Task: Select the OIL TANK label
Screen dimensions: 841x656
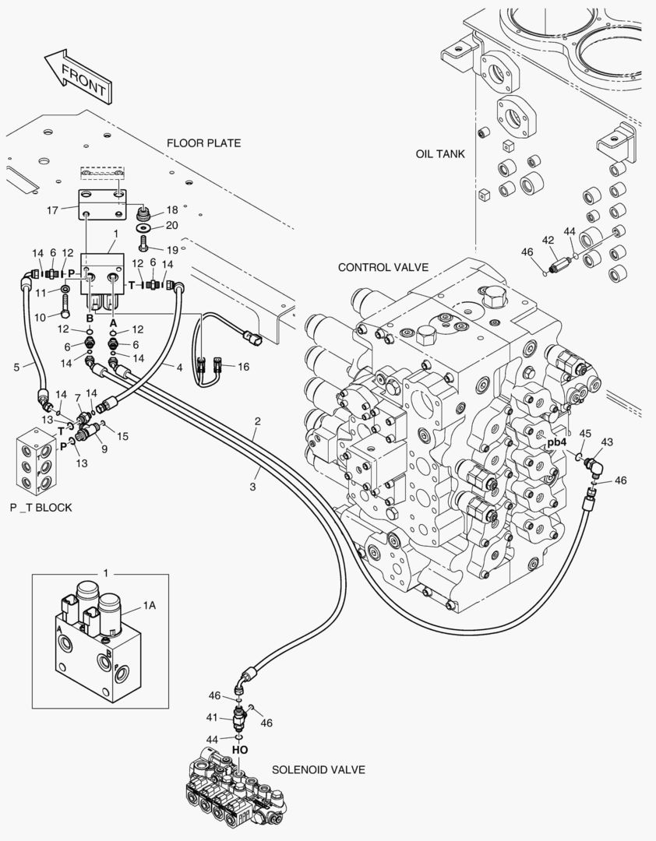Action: tap(440, 154)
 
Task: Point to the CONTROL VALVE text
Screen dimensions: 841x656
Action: tap(383, 267)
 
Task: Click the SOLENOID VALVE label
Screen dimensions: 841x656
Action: tap(319, 769)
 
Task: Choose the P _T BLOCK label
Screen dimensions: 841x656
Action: tap(41, 508)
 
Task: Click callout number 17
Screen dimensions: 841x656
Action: tap(53, 209)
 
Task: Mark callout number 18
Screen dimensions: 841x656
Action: tap(172, 210)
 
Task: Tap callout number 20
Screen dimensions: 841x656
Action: tap(172, 226)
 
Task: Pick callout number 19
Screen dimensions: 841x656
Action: tap(172, 250)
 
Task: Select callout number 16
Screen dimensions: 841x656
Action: tap(243, 366)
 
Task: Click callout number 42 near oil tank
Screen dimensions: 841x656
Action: tap(548, 240)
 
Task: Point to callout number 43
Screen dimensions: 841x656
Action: tap(607, 442)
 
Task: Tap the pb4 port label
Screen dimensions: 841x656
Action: tap(556, 443)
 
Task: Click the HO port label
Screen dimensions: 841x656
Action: tap(240, 749)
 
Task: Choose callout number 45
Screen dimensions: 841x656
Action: tap(586, 434)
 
